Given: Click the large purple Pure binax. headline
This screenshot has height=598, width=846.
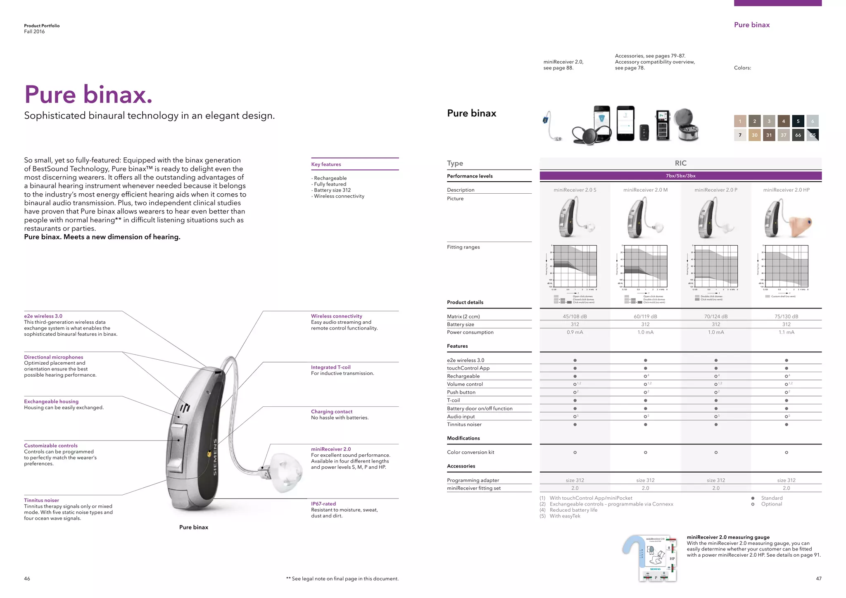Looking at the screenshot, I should (x=88, y=94).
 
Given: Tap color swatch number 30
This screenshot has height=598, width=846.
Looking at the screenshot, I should (x=754, y=135).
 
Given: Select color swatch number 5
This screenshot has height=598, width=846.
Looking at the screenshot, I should (x=798, y=121).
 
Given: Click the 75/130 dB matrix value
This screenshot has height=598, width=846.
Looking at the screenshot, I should (x=786, y=316).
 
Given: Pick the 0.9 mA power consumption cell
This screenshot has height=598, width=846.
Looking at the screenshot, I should (x=575, y=332).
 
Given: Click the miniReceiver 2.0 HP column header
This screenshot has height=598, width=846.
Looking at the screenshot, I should (x=786, y=190).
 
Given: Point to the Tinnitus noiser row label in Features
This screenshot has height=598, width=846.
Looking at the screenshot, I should (x=464, y=425).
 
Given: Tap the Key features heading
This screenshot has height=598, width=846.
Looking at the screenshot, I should (x=326, y=164).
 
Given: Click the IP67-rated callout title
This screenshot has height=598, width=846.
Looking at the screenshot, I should (x=323, y=504).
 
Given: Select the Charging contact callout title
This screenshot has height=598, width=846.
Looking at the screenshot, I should (x=331, y=412).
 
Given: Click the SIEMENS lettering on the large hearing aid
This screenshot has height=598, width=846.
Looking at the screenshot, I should (x=215, y=457).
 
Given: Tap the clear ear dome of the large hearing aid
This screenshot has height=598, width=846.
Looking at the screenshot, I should (x=285, y=473).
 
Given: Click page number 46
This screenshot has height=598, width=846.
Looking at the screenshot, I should (x=27, y=579).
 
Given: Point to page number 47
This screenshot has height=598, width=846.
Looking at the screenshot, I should (x=818, y=579).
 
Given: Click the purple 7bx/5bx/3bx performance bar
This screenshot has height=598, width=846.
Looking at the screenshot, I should (x=680, y=176).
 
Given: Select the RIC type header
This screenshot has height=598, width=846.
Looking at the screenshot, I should (x=680, y=163).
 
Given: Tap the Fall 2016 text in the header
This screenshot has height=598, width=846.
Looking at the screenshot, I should (x=34, y=31).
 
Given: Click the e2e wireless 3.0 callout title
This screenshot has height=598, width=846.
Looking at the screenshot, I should (x=43, y=316).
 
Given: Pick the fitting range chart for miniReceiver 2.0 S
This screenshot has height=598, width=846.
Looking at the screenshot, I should (x=575, y=266).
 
